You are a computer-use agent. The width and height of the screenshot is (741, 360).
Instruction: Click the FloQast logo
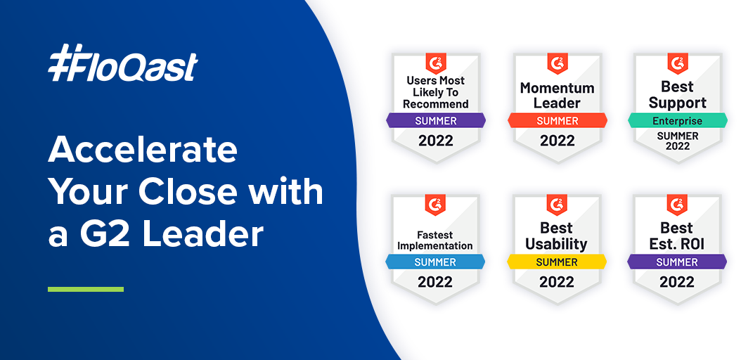(x=123, y=63)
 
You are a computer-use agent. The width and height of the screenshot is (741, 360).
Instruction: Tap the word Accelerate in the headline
(x=143, y=150)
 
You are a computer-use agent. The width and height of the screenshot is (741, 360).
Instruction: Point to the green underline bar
(x=86, y=289)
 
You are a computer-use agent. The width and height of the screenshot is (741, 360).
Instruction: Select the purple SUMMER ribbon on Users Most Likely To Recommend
(x=436, y=120)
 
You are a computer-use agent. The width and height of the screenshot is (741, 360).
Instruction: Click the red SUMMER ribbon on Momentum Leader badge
(x=558, y=120)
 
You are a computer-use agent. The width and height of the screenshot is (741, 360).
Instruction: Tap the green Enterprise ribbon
(x=677, y=120)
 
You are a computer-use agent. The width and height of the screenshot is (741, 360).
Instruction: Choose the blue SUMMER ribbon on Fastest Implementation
(x=435, y=262)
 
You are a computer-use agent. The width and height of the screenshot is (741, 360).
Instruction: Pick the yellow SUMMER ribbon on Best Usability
(x=557, y=262)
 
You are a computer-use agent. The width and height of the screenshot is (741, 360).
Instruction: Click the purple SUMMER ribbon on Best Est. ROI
(x=677, y=262)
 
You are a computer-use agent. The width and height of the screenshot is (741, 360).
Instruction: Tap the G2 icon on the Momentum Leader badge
(x=558, y=63)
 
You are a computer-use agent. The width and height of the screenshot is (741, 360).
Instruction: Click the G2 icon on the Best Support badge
(x=677, y=63)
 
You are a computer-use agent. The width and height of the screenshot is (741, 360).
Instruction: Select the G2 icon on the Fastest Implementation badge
(x=435, y=204)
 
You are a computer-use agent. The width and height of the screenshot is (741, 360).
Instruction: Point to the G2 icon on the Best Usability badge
(x=557, y=204)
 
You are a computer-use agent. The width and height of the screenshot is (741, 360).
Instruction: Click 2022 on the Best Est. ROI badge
(x=677, y=282)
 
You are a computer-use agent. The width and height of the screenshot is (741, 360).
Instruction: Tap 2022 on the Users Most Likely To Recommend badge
(x=436, y=141)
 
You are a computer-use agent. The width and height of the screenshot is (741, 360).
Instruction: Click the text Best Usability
(x=557, y=236)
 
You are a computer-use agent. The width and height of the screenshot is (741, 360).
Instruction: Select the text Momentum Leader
(x=558, y=95)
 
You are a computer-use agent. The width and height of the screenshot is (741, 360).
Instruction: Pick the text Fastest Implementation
(x=435, y=240)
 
